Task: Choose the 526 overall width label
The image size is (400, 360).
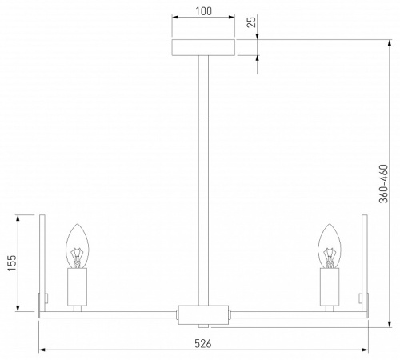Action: point(204,343)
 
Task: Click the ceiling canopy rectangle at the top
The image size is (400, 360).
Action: point(204,48)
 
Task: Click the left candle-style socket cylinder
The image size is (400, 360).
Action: point(77,287)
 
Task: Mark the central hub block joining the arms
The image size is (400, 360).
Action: point(204,314)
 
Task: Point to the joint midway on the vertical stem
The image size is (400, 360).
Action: point(204,117)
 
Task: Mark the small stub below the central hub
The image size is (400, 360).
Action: point(204,326)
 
